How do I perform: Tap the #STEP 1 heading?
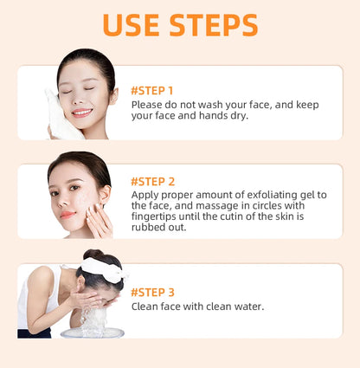point(151,90)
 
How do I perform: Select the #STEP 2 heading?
point(152,181)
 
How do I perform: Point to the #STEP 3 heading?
point(152,292)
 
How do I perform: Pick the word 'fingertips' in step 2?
point(157,216)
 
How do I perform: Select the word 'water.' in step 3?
point(245,306)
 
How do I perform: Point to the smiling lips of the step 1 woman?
point(80,113)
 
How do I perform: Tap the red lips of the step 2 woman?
point(68,214)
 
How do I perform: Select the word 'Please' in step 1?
point(148,104)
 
